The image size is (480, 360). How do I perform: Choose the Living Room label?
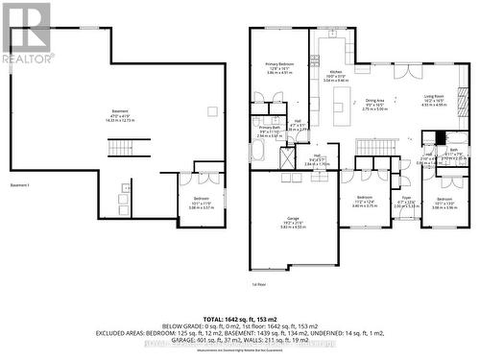tap(434, 101)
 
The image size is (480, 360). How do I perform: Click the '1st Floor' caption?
tap(257, 285)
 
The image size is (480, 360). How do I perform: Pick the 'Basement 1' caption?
tap(22, 184)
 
